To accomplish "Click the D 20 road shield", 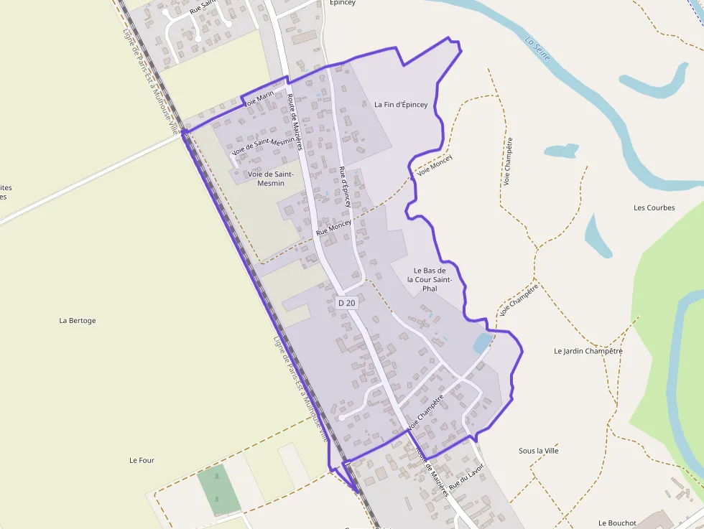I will [x=346, y=303].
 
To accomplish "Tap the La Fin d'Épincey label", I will [x=401, y=105].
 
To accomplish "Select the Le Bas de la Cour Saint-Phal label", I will [x=430, y=279].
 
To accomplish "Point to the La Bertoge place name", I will [x=78, y=321].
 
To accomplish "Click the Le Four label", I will [x=142, y=460].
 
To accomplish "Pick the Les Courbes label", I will [x=654, y=208].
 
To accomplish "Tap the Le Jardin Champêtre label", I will [x=588, y=352].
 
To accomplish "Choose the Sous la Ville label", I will [x=539, y=451].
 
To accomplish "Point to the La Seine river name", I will [x=537, y=48].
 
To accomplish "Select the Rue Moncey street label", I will [x=334, y=229].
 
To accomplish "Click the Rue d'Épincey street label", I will [x=345, y=187].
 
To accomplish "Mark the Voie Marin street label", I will [x=259, y=98].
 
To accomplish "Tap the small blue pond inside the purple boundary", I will [x=483, y=344].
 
